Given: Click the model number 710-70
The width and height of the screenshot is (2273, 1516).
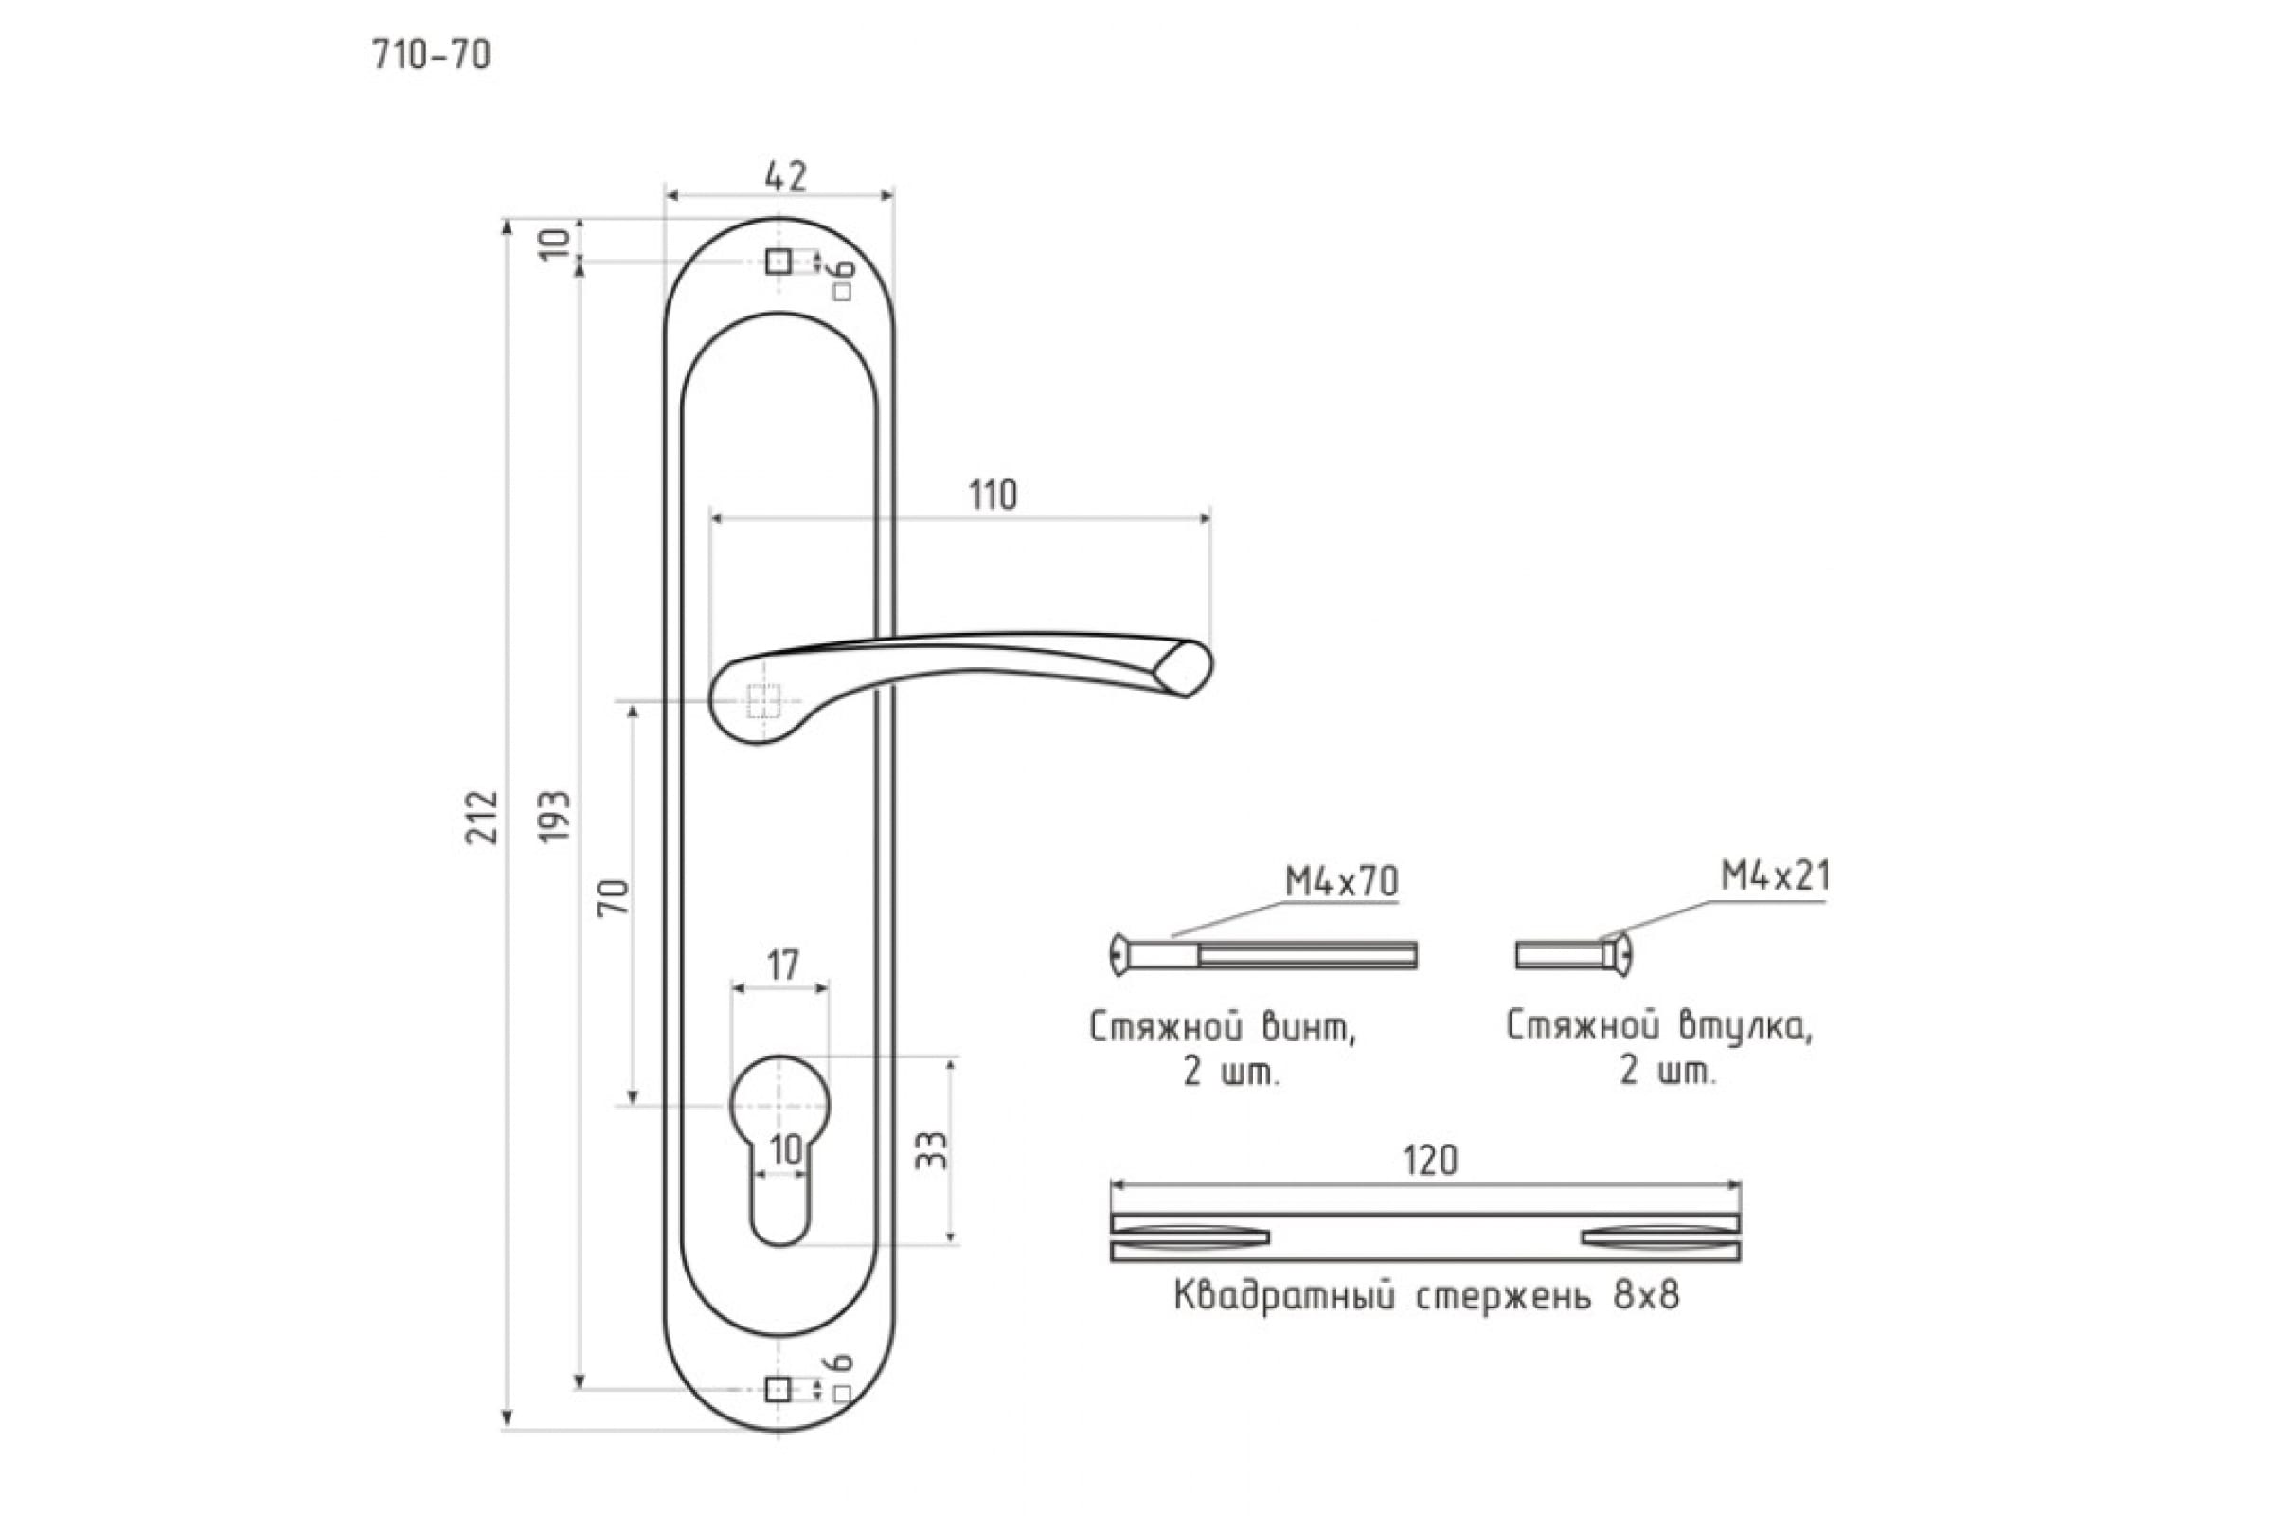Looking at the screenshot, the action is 431,55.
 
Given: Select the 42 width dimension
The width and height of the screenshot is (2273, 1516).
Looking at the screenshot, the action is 785,176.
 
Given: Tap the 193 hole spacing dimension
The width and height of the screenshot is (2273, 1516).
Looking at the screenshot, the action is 555,817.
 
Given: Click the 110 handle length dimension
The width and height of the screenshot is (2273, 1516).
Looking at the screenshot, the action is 993,496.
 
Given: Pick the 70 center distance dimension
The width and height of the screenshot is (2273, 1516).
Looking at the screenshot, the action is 614,897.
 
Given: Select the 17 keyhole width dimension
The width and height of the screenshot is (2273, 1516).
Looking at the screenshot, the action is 783,964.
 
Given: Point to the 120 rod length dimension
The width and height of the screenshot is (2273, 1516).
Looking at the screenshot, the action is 1430,1160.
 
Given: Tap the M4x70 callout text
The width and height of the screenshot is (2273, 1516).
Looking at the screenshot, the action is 1341,882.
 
